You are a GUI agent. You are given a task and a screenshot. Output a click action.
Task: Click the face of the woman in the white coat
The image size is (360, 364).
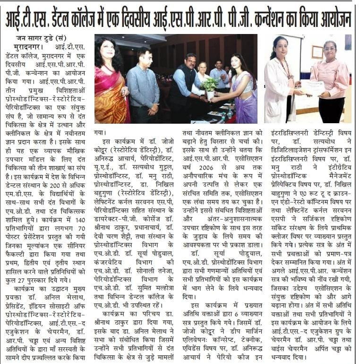coord(282,47)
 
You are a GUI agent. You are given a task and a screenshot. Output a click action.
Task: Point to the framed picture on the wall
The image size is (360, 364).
coord(317,52)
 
